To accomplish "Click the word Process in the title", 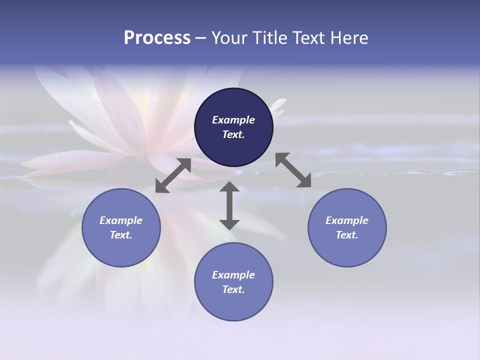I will (x=157, y=38).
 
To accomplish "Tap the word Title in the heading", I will (x=269, y=38).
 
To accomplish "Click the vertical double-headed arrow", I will (x=229, y=206).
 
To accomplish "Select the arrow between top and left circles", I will (x=173, y=175).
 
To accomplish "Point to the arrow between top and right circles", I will (x=293, y=170).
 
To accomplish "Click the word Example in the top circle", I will (x=233, y=120).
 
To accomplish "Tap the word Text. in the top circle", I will (x=233, y=134).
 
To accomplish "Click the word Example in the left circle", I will (x=121, y=220).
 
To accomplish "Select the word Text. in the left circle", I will (x=121, y=235).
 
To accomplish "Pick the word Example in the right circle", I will (x=347, y=220).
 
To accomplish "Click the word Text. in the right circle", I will (x=347, y=235).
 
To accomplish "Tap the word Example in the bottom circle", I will (x=233, y=275).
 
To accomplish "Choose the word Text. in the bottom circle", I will (x=233, y=289).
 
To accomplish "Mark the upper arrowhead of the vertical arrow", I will (x=229, y=187).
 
